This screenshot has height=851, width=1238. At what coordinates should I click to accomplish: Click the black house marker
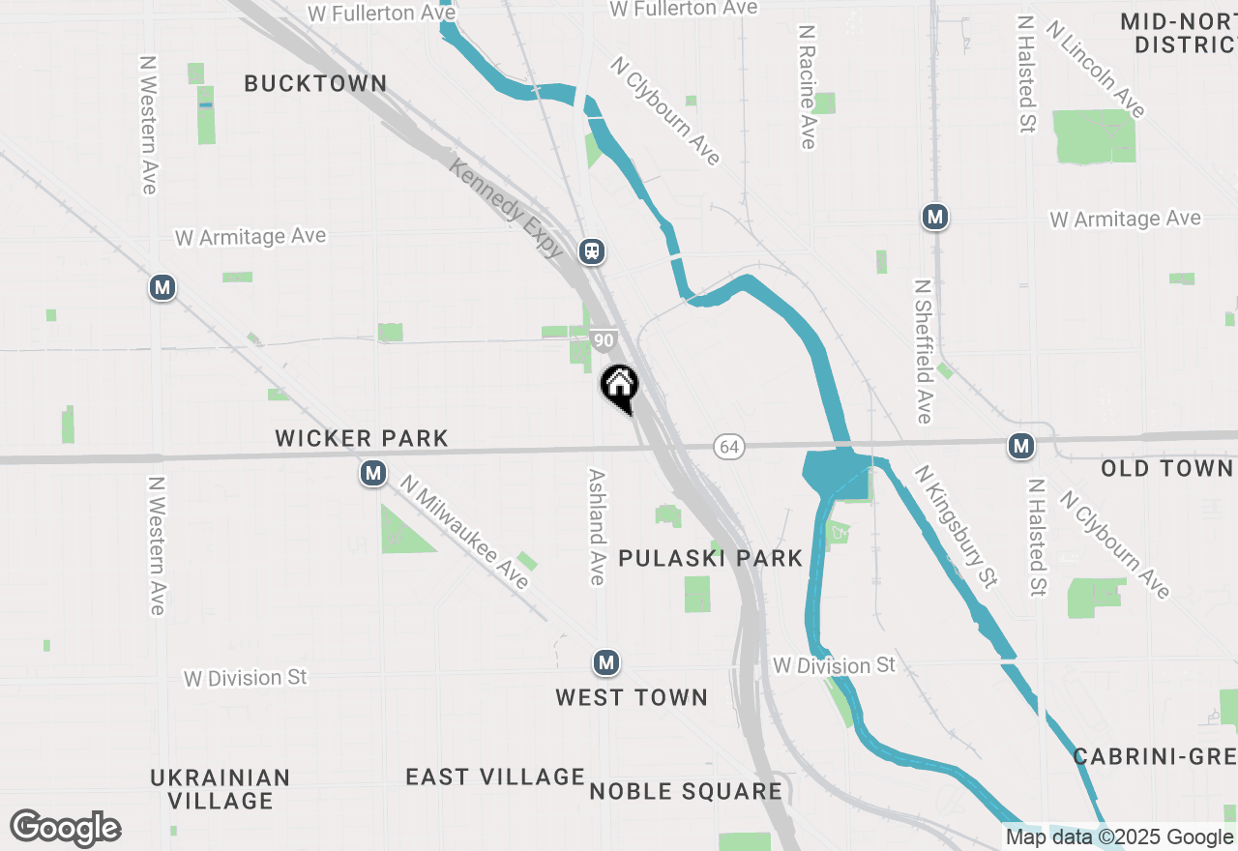(620, 386)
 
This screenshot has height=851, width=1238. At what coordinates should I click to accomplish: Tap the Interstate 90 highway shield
(604, 339)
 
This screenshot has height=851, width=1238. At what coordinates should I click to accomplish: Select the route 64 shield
(730, 446)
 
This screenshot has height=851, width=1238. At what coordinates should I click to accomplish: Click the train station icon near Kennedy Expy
(592, 251)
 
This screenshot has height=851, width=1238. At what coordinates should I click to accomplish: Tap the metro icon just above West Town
(605, 662)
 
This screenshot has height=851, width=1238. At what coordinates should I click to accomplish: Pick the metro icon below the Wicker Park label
(373, 473)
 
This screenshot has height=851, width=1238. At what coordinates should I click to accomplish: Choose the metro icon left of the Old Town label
(1020, 446)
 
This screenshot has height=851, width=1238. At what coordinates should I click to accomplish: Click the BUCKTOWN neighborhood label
(315, 83)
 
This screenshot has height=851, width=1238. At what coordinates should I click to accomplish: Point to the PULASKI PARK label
(710, 558)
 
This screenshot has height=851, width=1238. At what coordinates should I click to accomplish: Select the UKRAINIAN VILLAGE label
(221, 789)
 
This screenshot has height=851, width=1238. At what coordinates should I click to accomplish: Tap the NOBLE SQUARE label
(686, 791)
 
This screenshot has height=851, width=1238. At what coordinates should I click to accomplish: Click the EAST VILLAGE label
(495, 777)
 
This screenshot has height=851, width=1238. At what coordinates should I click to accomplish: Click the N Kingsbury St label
(957, 527)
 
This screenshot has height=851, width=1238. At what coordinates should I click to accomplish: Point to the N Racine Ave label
(808, 86)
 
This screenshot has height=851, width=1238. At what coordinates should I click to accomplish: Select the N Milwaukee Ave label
(465, 531)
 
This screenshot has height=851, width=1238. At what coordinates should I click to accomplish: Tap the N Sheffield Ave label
(923, 352)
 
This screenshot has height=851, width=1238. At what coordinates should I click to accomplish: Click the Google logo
(66, 828)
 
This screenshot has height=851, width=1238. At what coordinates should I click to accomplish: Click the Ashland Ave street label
(597, 527)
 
